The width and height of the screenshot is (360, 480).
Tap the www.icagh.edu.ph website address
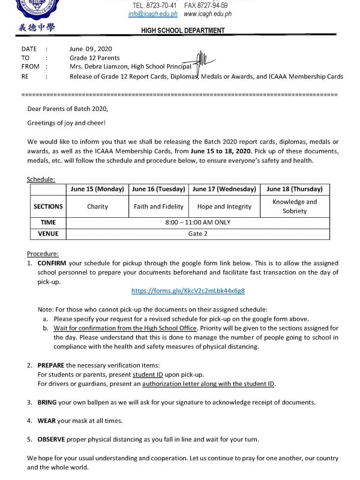click(208, 14)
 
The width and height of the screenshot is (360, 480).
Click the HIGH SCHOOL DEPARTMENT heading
click(183, 31)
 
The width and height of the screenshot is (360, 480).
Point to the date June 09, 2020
click(91, 49)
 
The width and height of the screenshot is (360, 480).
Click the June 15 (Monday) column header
click(97, 189)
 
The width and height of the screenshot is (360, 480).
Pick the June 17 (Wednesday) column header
click(224, 189)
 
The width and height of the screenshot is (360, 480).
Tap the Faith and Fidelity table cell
click(159, 206)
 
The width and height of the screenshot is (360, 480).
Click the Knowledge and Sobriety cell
click(295, 206)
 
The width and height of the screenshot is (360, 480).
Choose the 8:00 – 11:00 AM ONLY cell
click(197, 222)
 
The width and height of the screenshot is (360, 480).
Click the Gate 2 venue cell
click(197, 233)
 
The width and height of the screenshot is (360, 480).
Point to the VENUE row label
click(48, 233)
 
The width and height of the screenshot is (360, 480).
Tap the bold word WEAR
click(47, 421)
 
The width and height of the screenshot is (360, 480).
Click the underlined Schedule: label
click(41, 179)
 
